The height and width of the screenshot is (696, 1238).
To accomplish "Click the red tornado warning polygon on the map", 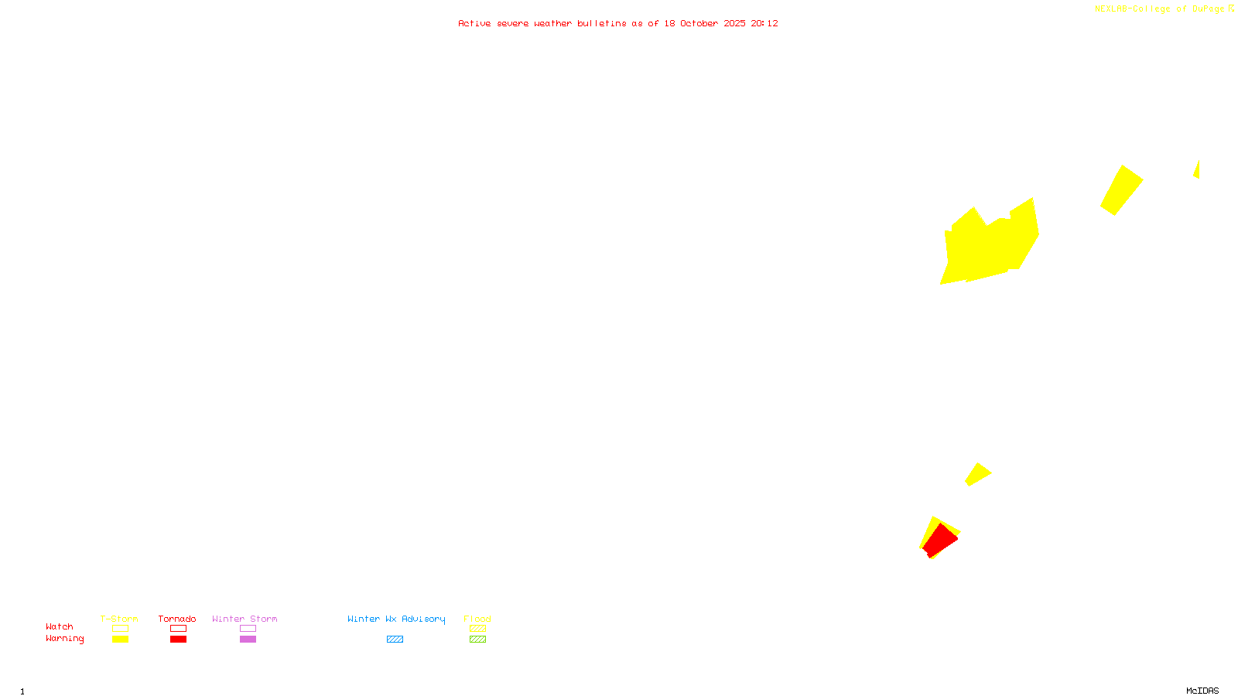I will pyautogui.click(x=940, y=539).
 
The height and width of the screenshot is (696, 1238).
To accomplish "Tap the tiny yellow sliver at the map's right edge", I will pyautogui.click(x=1197, y=170).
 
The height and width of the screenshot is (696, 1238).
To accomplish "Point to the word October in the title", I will pyautogui.click(x=699, y=23).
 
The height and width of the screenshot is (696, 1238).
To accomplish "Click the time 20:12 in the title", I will pyautogui.click(x=764, y=23).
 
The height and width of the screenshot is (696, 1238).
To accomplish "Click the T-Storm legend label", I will pyautogui.click(x=119, y=619).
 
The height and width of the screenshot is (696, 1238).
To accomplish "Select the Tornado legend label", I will pyautogui.click(x=177, y=619).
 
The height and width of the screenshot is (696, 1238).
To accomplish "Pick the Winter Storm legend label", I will pyautogui.click(x=245, y=619).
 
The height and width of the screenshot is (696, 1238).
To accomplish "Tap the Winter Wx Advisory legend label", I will pyautogui.click(x=396, y=619).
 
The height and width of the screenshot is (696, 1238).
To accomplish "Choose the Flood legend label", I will pyautogui.click(x=477, y=619).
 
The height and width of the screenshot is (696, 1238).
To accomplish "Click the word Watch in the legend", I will pyautogui.click(x=60, y=626).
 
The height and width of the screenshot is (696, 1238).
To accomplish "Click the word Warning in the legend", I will pyautogui.click(x=64, y=639).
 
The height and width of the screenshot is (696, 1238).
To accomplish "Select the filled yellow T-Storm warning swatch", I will pyautogui.click(x=120, y=640).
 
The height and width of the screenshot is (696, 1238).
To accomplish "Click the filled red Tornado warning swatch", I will pyautogui.click(x=178, y=640).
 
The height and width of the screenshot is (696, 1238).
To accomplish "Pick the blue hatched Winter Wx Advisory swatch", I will pyautogui.click(x=395, y=640).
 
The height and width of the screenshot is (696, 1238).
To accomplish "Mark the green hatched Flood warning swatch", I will pyautogui.click(x=477, y=640).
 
